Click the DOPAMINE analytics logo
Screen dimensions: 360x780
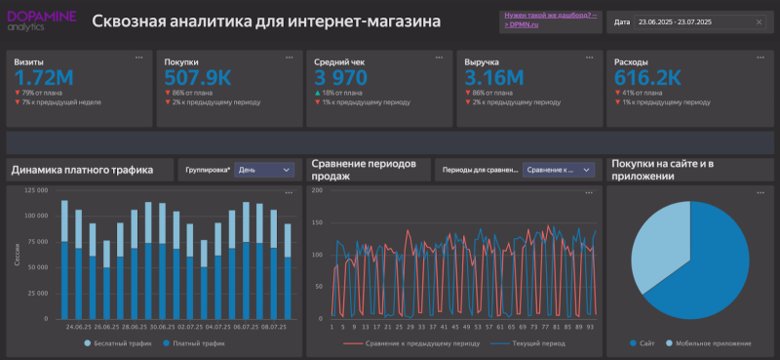coord(41,20)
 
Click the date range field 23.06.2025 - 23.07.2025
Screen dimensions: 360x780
coord(701,21)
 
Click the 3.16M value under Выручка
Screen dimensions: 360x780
coord(494,77)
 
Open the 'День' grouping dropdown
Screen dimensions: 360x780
coord(264,170)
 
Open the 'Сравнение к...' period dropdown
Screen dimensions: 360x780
coord(559,170)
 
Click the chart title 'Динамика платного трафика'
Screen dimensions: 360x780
coord(82,170)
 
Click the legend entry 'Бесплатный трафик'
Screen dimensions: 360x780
coord(120,344)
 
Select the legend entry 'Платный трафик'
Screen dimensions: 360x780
coord(194,344)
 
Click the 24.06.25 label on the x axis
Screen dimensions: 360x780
coord(79,328)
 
